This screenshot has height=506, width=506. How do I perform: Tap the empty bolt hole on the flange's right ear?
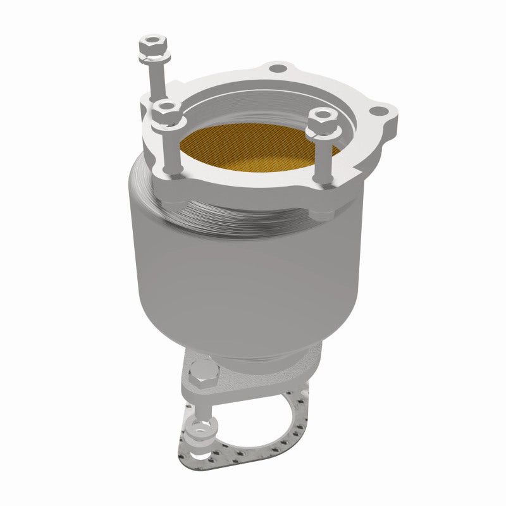pyautogui.click(x=378, y=111)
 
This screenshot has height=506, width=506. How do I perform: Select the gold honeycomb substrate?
pyautogui.click(x=253, y=145)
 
